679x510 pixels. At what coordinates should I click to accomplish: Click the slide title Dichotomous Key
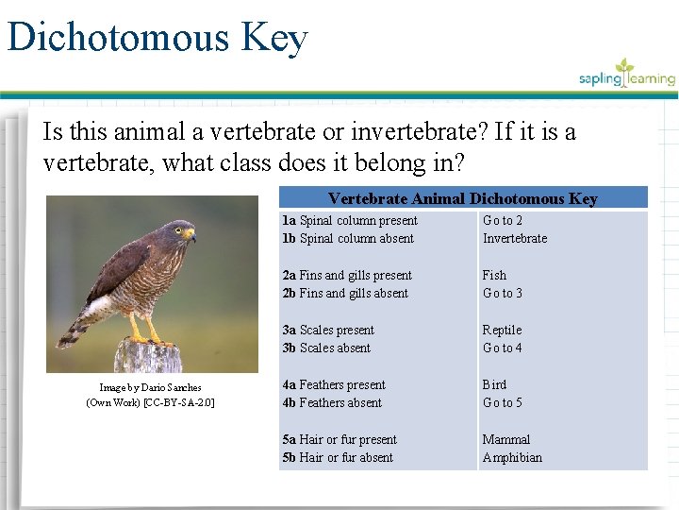point(157,38)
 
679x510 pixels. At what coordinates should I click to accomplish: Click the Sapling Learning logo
point(627,76)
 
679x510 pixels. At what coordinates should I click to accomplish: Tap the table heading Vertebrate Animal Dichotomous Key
point(462,198)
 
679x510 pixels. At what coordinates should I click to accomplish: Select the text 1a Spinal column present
point(350,220)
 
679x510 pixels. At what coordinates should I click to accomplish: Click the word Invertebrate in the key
point(515,238)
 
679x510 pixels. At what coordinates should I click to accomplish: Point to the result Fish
point(494,275)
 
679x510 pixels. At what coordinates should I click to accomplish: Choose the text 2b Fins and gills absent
point(345,293)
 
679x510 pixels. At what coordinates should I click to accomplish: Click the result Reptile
point(502,330)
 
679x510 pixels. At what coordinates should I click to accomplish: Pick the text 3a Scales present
point(328,330)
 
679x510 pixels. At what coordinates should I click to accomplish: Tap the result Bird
point(494,384)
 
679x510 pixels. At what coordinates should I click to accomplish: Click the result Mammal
point(506,439)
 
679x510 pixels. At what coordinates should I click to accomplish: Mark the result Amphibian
point(512,457)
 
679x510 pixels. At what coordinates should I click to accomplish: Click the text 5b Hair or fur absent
point(338,457)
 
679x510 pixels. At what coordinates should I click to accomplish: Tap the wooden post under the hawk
point(148,359)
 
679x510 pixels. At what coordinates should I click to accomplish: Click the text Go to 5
point(502,402)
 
